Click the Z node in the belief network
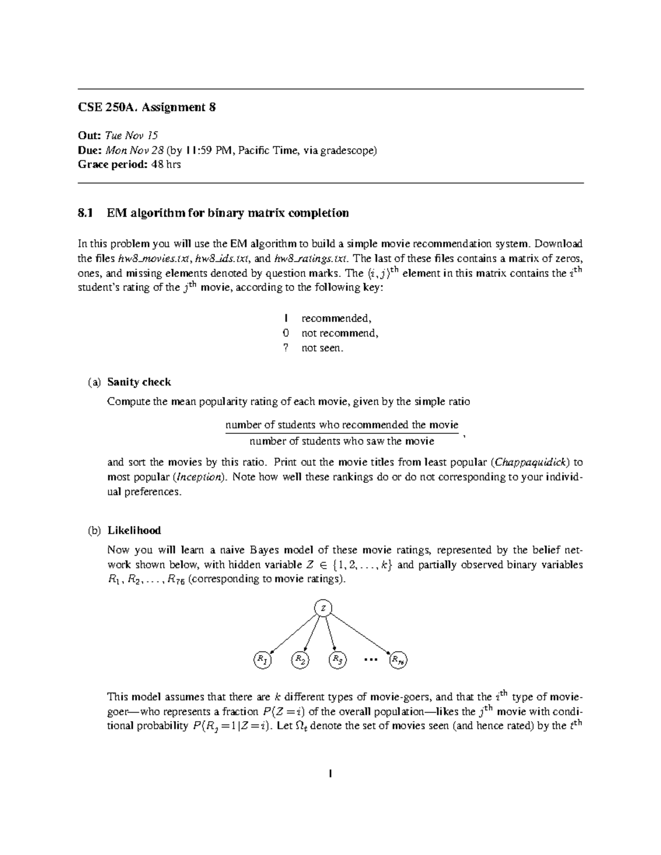(x=323, y=608)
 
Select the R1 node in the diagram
(x=262, y=660)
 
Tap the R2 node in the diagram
(x=300, y=660)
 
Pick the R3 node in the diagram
(x=338, y=660)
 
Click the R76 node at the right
(x=398, y=660)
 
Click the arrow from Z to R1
(x=293, y=633)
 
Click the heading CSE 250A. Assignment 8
(x=147, y=107)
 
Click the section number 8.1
(x=85, y=213)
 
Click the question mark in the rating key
(x=285, y=348)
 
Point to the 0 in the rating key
(x=285, y=333)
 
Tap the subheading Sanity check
(x=139, y=382)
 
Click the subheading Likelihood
(x=134, y=530)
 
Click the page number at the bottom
(x=330, y=774)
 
